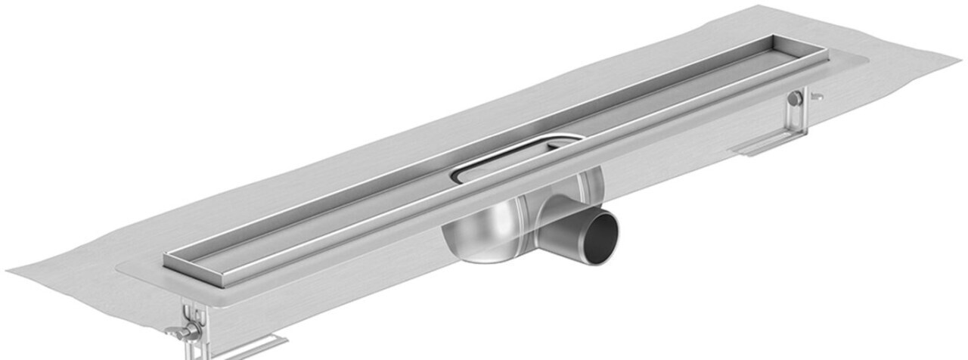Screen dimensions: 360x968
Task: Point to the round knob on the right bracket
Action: [796, 98]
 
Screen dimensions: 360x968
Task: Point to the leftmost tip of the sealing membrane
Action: [9, 271]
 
